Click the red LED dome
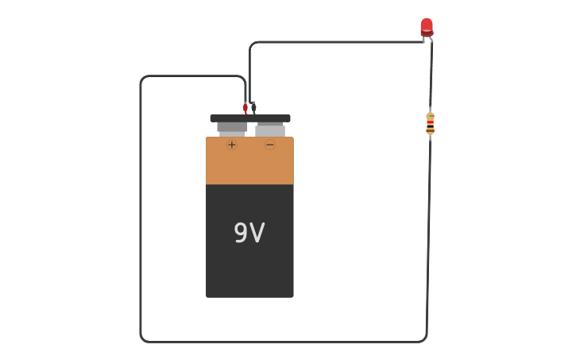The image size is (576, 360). click(427, 26)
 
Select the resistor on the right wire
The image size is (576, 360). click(430, 123)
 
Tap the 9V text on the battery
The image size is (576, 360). click(249, 233)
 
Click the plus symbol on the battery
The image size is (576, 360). click(232, 145)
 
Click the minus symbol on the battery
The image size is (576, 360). click(270, 145)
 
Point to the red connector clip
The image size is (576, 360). click(245, 107)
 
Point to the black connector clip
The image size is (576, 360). click(253, 107)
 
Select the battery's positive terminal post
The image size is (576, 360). click(232, 128)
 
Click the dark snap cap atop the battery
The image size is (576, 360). click(250, 118)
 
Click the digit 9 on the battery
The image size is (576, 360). click(240, 233)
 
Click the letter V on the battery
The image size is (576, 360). click(257, 233)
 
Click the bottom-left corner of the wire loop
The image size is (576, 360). click(143, 339)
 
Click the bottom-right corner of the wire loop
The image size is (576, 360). click(424, 339)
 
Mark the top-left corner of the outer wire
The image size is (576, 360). click(143, 79)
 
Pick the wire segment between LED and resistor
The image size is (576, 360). click(431, 75)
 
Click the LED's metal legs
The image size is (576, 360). click(427, 38)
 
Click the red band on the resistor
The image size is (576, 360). click(430, 122)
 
